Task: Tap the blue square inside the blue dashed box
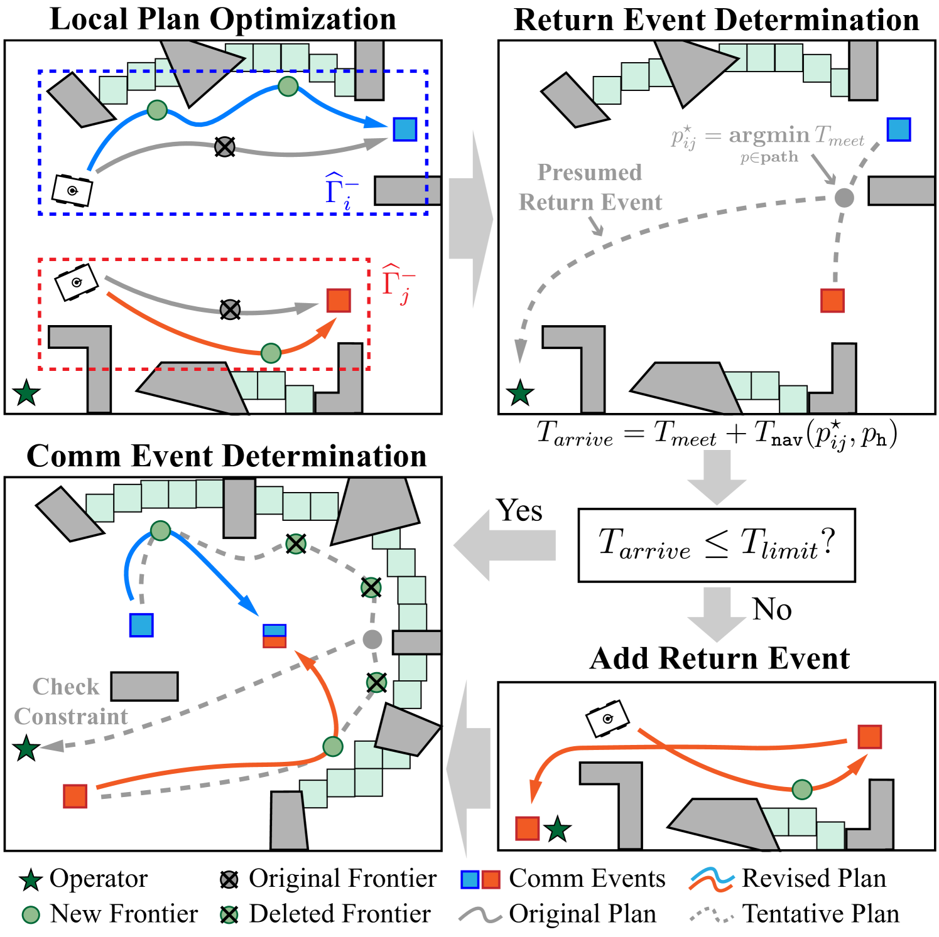tap(405, 129)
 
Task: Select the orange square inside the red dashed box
tap(339, 301)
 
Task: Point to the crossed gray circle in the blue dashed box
tap(224, 147)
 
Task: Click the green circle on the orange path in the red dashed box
tap(271, 353)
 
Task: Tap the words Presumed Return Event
tap(590, 187)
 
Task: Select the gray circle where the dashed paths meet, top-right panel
tap(844, 198)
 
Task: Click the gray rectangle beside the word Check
tap(144, 687)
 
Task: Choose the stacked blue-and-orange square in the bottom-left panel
tap(274, 636)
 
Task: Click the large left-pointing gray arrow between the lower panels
tap(504, 545)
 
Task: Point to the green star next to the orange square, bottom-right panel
tap(557, 830)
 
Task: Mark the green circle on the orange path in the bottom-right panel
tap(801, 789)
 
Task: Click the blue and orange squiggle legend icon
tap(711, 879)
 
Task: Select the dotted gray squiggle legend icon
tap(711, 914)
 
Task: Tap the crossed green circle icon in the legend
tap(229, 915)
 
